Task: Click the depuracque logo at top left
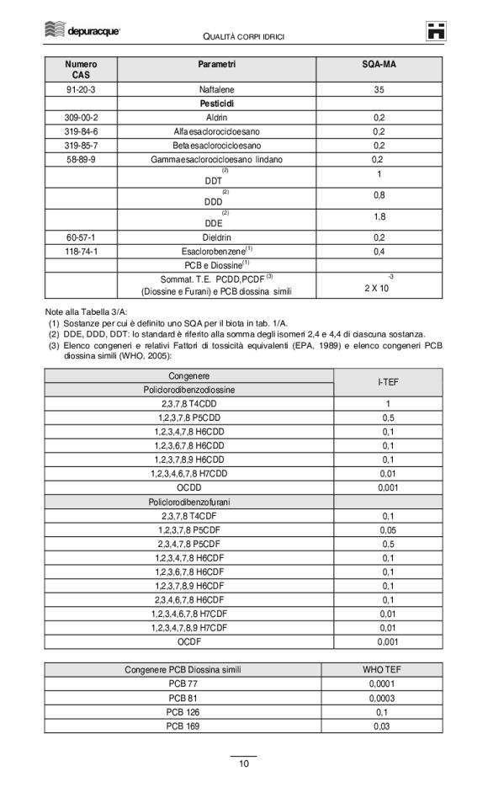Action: tap(81, 31)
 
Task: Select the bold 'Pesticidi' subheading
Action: tap(216, 103)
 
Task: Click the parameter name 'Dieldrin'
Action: tap(216, 237)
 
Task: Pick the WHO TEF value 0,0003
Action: tap(381, 698)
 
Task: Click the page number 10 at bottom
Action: tap(243, 763)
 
